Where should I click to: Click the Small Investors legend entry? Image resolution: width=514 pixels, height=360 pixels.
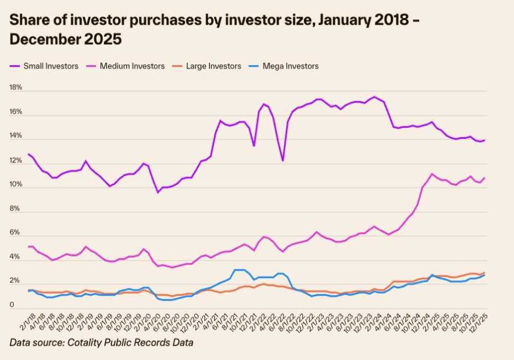point(50,66)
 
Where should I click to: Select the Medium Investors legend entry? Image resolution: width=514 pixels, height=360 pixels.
point(132,66)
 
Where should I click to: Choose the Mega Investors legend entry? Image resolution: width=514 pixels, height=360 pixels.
point(290,66)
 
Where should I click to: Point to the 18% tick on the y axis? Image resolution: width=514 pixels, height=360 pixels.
point(15,88)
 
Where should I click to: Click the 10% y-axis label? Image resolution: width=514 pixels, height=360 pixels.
point(15,185)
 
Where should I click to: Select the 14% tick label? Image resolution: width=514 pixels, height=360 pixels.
point(15,137)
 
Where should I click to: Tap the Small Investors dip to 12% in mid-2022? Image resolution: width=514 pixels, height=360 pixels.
point(282,161)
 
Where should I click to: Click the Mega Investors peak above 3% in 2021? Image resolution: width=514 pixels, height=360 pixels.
point(240,270)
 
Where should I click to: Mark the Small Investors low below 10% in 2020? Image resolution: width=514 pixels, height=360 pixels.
point(158,192)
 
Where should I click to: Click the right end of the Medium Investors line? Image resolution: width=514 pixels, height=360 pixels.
point(485,178)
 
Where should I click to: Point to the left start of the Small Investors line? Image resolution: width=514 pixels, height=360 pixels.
point(29,154)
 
